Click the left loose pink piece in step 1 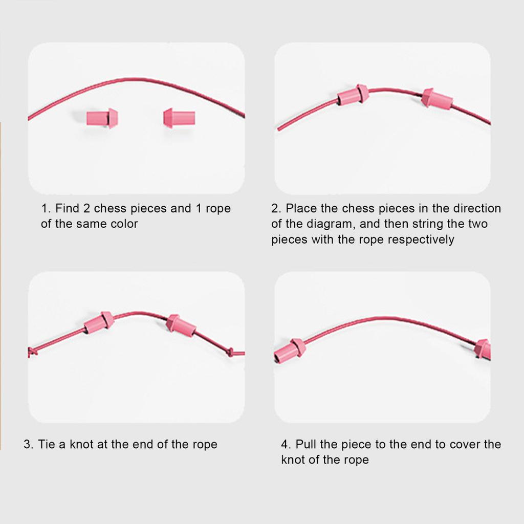(103, 118)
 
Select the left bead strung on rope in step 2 (354, 95)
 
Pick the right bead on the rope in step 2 (436, 99)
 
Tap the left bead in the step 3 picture (99, 322)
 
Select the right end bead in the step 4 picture (483, 349)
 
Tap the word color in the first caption (124, 224)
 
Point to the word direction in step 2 (476, 208)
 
